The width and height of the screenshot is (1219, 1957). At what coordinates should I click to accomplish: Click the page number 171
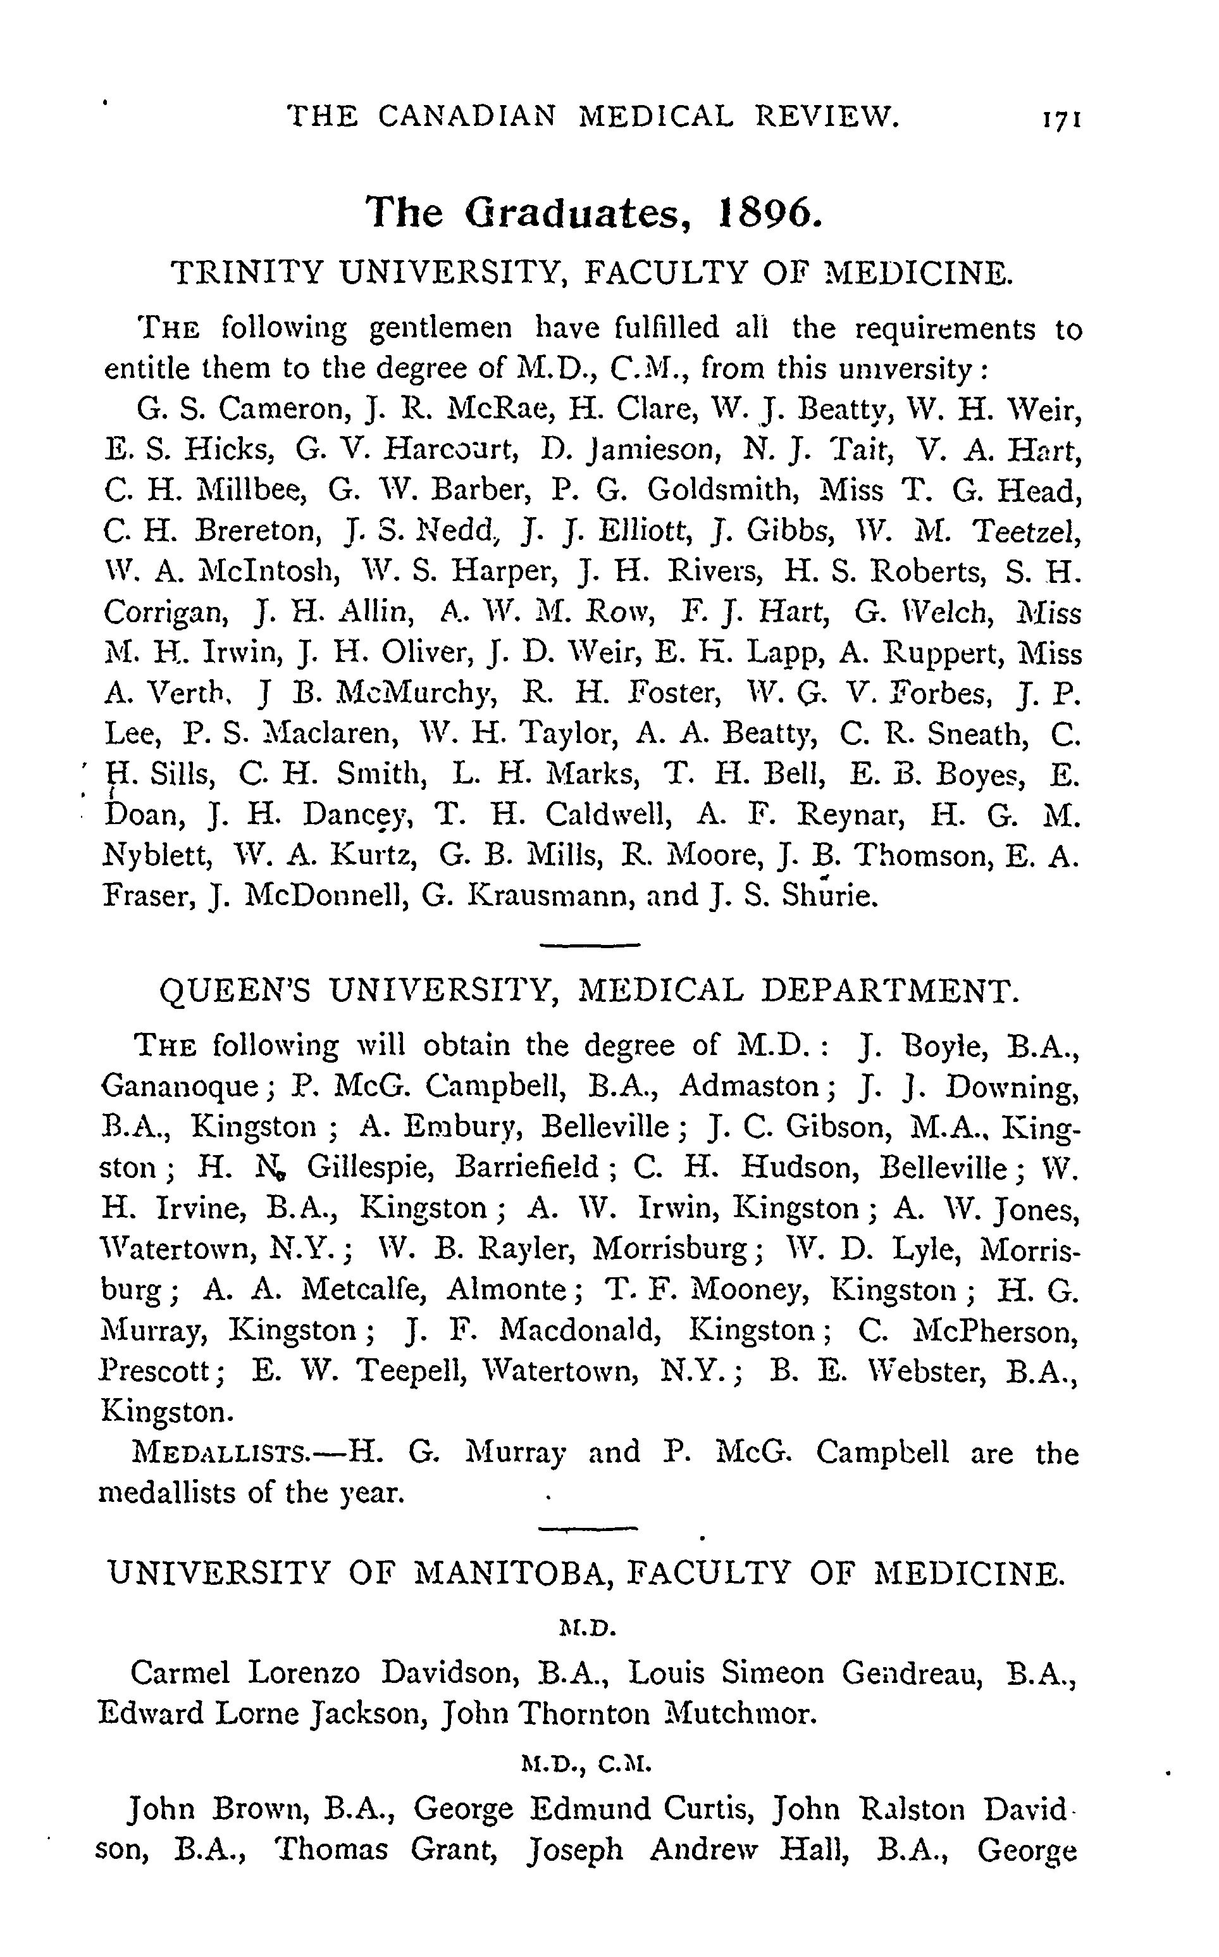[1060, 120]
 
